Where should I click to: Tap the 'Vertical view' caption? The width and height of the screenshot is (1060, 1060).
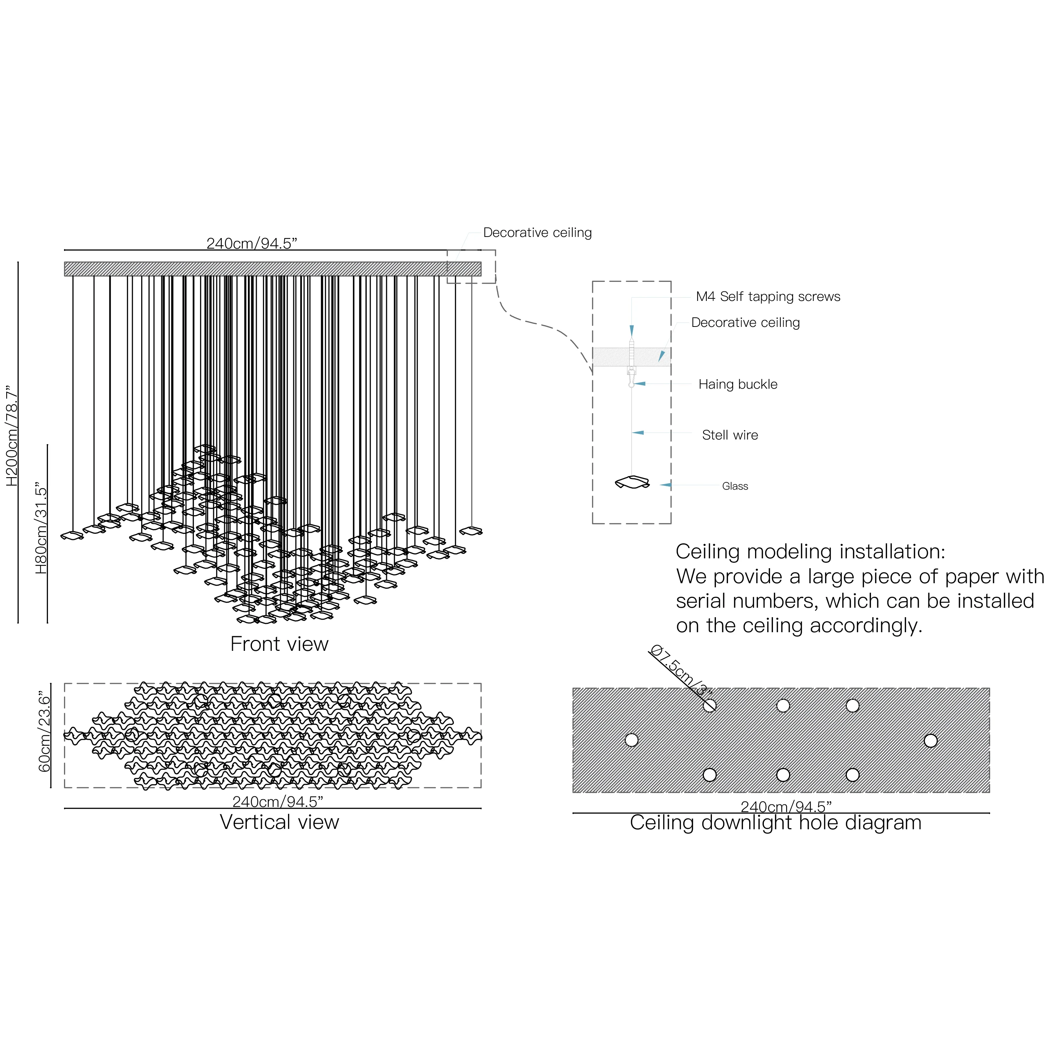279,822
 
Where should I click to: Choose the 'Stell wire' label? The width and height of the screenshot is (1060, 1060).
730,435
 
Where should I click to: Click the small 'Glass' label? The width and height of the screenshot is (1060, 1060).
735,486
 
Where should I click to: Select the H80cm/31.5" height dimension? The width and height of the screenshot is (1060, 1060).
42,529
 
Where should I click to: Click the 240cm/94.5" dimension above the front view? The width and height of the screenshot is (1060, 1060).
252,244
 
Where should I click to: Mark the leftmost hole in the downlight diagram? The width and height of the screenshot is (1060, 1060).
631,740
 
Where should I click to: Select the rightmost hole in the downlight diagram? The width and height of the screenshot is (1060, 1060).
931,741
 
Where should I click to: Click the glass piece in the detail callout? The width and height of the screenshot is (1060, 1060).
632,482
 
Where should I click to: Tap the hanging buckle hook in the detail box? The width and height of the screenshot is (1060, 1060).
631,377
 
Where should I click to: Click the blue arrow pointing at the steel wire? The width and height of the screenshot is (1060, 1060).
638,433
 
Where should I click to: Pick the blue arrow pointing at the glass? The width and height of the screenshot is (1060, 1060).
665,485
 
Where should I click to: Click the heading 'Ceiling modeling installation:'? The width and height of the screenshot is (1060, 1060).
810,551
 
